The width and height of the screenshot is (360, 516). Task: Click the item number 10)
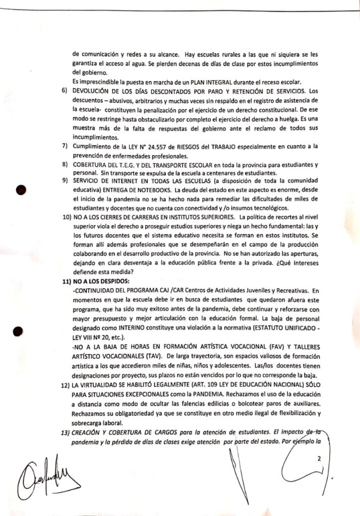[x=65, y=217]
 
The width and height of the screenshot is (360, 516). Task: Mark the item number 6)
[x=65, y=91]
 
